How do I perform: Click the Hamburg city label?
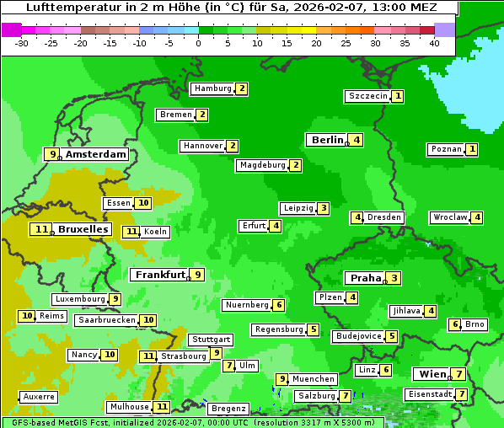pos(212,88)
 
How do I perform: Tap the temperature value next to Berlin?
pos(357,140)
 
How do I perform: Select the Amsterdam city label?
pos(95,154)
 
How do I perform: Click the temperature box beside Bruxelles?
pos(40,229)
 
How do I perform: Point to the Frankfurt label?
pos(159,275)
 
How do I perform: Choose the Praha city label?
pos(366,278)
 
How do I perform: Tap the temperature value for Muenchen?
pos(282,379)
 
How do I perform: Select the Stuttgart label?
pos(210,340)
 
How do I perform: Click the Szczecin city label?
pos(368,96)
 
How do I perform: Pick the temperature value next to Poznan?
pos(472,150)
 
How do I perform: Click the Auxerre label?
pos(39,396)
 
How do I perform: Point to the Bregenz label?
pos(228,409)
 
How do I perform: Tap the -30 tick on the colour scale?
pos(22,43)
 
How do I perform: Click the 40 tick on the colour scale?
pos(434,43)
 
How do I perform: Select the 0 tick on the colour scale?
pos(198,43)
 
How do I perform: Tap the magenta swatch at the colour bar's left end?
pos(11,29)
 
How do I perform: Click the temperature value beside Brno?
pos(455,324)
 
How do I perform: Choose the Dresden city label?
pos(384,217)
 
